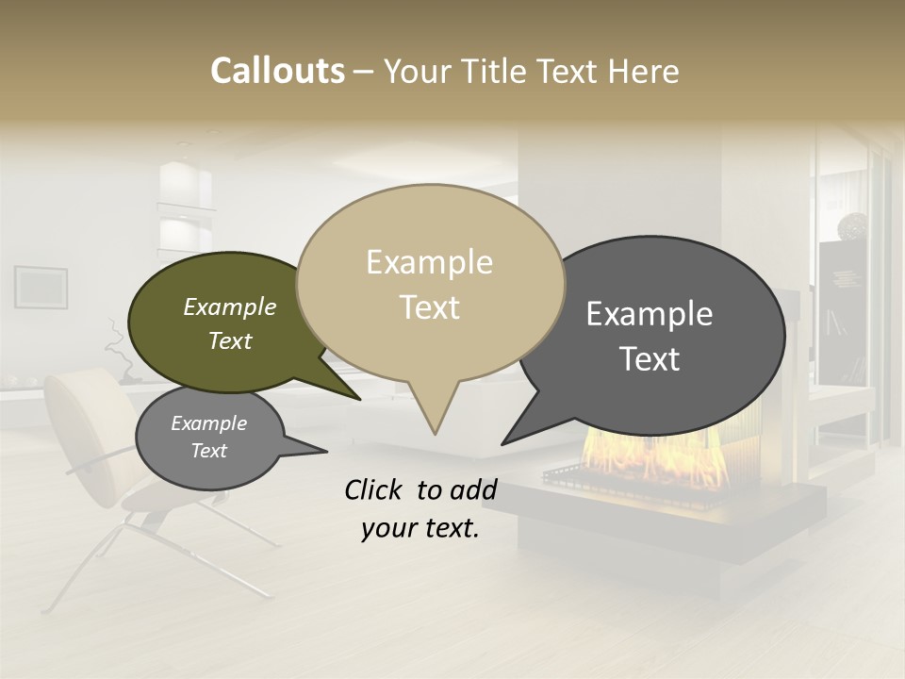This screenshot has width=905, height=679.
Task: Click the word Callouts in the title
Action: click(277, 71)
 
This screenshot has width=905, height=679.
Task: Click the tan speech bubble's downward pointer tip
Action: click(435, 434)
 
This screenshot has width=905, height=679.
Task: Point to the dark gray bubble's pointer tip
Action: click(503, 443)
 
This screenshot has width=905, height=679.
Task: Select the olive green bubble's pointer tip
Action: click(359, 400)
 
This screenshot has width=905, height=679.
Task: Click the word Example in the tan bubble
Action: click(429, 262)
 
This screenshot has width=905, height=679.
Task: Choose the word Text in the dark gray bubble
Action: click(650, 359)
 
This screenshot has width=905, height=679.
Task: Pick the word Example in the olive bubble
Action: click(230, 307)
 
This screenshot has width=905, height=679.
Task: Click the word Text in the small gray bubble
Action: click(208, 451)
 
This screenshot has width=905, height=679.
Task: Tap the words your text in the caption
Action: click(420, 529)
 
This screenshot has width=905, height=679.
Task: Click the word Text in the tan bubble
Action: click(429, 307)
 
